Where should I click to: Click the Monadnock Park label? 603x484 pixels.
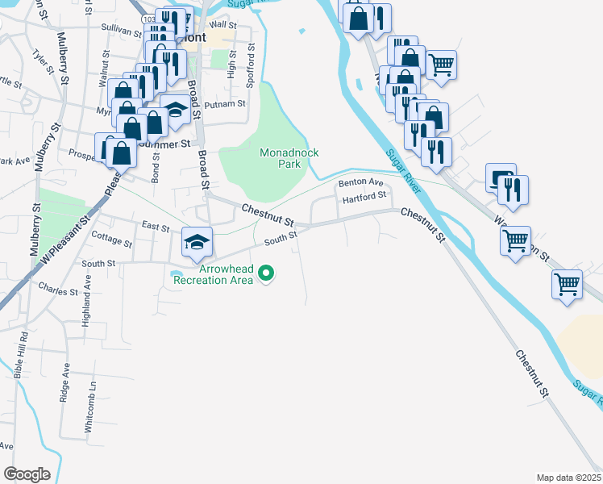pyautogui.click(x=281, y=157)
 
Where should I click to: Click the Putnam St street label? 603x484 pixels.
pyautogui.click(x=225, y=104)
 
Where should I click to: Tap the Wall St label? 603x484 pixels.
pyautogui.click(x=222, y=25)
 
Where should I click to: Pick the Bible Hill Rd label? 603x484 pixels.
pyautogui.click(x=20, y=356)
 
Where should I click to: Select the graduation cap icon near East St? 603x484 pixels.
pyautogui.click(x=195, y=242)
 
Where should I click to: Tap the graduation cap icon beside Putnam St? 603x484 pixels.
pyautogui.click(x=175, y=109)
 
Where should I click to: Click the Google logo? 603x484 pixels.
pyautogui.click(x=27, y=474)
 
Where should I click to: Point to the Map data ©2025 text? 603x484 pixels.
pyautogui.click(x=568, y=477)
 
